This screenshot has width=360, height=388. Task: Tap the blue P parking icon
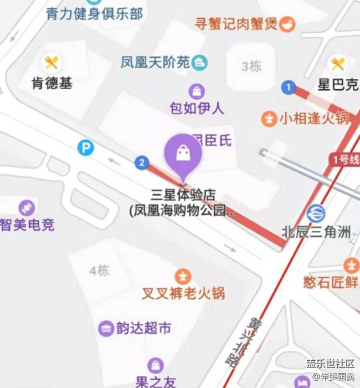tap(85, 147)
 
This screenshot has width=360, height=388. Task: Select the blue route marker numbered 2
tap(142, 162)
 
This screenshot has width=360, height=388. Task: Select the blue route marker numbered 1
tap(287, 86)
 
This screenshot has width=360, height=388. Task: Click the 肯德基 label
tap(52, 83)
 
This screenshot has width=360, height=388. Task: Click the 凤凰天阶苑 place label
tap(155, 63)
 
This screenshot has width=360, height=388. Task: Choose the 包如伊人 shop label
tap(197, 108)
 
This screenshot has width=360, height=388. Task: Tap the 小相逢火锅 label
tap(313, 118)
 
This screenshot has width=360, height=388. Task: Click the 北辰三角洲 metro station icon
tap(316, 212)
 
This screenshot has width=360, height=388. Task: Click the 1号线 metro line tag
tap(346, 160)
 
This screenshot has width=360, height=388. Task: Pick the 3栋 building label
tap(251, 67)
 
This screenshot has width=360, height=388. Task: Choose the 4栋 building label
tap(100, 271)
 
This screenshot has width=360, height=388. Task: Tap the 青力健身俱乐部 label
tap(94, 12)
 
